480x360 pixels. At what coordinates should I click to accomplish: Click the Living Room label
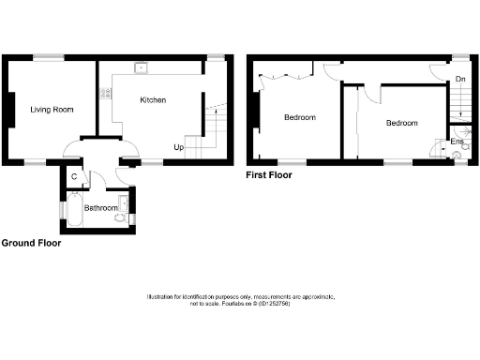52,110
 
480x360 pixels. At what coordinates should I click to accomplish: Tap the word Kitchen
153,99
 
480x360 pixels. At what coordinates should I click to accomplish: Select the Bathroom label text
101,207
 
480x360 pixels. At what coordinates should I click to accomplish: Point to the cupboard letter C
74,174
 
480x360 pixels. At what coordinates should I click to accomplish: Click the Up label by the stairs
178,147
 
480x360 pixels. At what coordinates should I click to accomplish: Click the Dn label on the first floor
459,81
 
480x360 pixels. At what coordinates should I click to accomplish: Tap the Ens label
457,142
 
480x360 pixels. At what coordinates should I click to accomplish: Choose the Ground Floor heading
31,242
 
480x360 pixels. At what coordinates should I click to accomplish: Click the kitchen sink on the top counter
140,67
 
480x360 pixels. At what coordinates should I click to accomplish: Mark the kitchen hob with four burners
105,93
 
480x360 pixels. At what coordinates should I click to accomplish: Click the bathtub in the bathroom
73,212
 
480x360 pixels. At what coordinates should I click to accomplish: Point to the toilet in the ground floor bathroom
117,217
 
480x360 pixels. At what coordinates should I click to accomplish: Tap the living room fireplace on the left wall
10,110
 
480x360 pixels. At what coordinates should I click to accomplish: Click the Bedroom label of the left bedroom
299,118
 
